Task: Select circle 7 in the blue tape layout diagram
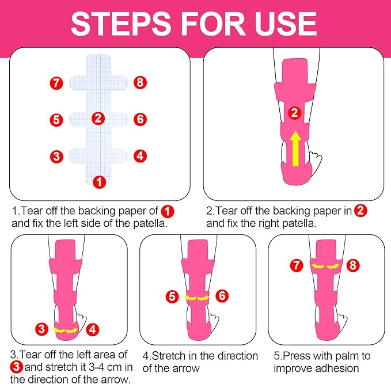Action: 56,83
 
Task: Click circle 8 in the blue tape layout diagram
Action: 140,83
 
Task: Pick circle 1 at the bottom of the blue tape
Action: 100,182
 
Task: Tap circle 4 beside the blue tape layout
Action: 140,155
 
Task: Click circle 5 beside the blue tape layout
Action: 56,120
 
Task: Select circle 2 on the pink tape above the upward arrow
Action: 294,113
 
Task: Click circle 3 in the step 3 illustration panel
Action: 41,330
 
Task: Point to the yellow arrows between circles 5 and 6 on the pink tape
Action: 198,298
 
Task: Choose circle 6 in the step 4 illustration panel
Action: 222,296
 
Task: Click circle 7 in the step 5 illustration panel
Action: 295,265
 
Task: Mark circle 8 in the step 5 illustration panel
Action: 354,265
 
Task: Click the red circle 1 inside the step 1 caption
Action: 167,211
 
